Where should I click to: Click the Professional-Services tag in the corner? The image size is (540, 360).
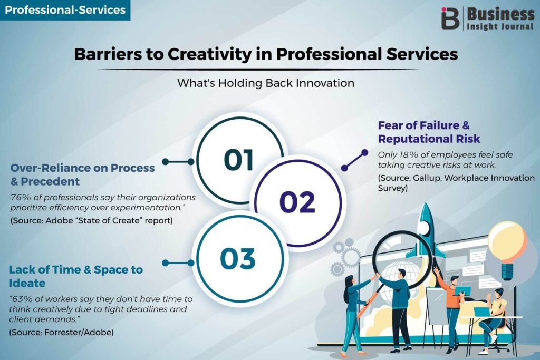click(x=65, y=10)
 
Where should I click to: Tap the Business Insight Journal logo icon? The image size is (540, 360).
click(x=450, y=18)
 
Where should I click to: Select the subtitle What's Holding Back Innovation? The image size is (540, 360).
click(x=266, y=83)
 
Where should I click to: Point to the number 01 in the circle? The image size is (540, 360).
click(x=239, y=160)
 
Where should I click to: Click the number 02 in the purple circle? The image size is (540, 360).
click(x=297, y=202)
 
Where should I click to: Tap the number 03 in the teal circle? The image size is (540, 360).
click(x=238, y=258)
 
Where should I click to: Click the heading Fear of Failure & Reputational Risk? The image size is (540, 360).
click(x=429, y=132)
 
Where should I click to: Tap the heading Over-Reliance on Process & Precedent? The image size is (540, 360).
click(x=83, y=174)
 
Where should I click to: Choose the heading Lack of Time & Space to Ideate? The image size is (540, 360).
click(x=76, y=276)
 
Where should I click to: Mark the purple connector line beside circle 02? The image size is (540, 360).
click(x=354, y=160)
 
